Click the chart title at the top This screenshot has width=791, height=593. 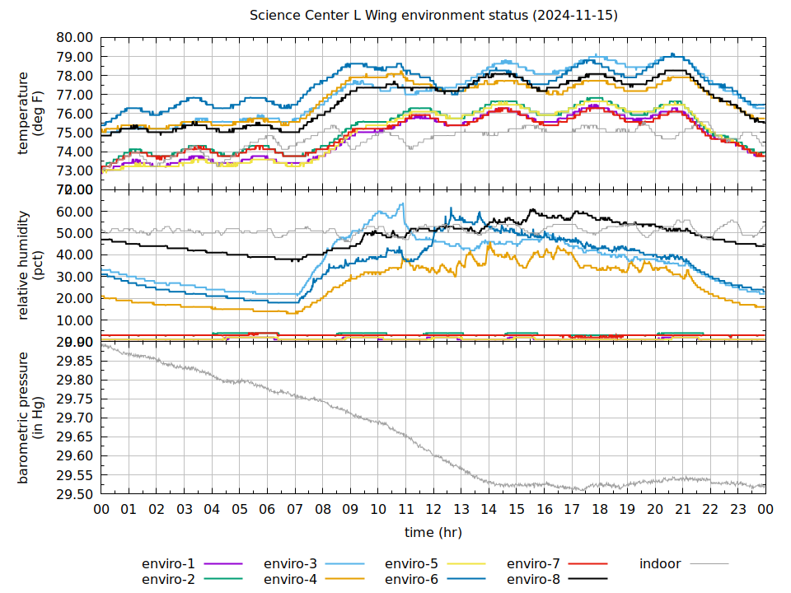434,16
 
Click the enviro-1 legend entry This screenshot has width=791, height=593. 168,564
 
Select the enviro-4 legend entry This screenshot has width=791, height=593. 290,580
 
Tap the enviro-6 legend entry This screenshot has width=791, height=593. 412,580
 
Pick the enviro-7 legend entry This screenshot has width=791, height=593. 533,564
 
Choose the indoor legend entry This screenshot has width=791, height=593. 660,564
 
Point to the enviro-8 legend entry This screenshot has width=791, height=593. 533,580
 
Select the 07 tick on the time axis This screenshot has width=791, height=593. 295,510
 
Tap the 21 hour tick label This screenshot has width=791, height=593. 682,510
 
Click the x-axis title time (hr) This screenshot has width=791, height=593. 433,533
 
